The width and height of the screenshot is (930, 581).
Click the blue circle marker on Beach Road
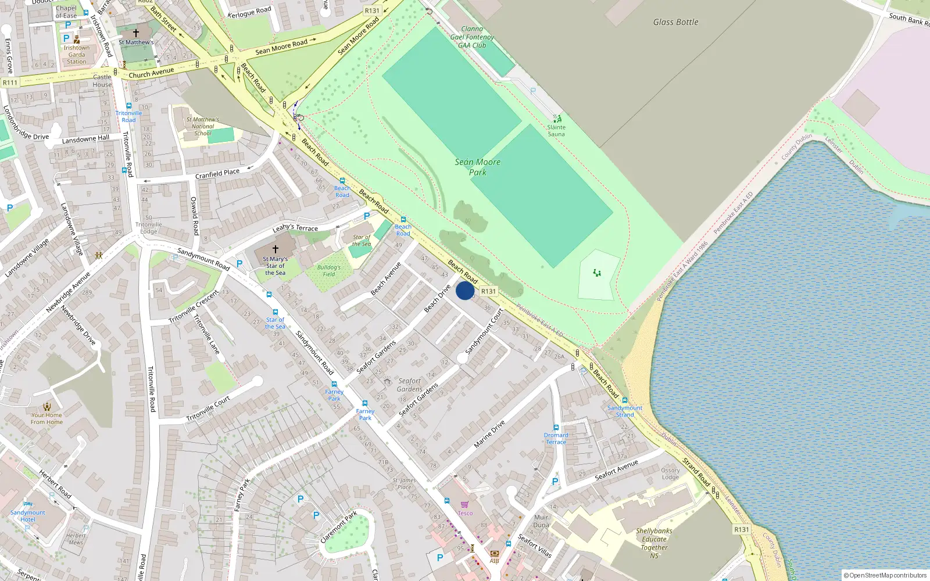coord(465,290)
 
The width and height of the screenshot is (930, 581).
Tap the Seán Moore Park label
coord(478,167)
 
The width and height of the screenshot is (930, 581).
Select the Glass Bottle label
coord(675,22)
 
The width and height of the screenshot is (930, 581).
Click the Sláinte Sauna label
coord(556,131)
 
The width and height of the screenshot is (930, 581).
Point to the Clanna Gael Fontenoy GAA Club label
coord(472,37)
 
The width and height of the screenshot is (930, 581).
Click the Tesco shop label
coord(466,513)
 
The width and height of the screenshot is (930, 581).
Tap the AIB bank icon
coord(494,553)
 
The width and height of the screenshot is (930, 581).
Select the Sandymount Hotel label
coord(28,516)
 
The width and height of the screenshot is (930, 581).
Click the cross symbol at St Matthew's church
coord(136,33)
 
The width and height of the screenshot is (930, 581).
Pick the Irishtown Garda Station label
coord(77,55)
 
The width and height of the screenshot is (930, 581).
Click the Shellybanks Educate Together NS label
coord(654,543)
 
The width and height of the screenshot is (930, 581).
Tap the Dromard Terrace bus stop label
coord(556,439)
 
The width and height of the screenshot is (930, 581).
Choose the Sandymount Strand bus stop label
coord(625,411)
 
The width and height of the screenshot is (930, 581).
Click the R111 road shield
coord(10,83)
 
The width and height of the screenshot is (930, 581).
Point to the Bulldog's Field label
coord(329,271)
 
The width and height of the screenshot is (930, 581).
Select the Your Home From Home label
coord(46,418)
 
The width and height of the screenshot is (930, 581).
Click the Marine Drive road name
coord(489,434)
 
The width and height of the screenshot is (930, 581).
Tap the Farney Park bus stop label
coord(334,395)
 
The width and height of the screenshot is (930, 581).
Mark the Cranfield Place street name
coord(217,174)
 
